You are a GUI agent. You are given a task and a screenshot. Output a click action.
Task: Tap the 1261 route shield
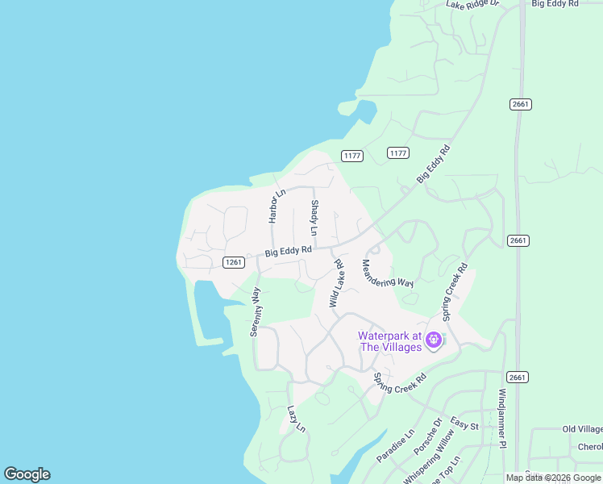coord(233,262)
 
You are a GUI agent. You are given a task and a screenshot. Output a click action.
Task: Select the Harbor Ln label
coord(277,207)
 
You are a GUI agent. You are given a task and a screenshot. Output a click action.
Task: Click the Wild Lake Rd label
coord(336,283)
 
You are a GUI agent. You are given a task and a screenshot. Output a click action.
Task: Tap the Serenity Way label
coord(256,311)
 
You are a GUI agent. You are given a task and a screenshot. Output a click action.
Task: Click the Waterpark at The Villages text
coord(390,341)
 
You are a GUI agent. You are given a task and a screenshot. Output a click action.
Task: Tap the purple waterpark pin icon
coord(434,340)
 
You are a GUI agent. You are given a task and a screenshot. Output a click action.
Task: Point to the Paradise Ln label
coord(393,445)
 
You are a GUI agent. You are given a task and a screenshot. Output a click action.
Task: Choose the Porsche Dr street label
coord(428,435)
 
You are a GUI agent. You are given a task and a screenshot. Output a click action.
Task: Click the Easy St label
coord(464,424)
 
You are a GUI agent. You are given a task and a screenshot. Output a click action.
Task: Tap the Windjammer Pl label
coord(501,418)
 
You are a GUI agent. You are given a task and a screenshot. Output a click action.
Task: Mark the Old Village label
coord(582,429)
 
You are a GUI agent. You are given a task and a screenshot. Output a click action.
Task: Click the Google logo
coord(27,474)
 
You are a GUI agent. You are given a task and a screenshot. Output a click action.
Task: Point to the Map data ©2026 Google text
coord(553,478)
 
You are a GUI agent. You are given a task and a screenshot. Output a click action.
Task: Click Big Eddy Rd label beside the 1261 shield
coord(288,252)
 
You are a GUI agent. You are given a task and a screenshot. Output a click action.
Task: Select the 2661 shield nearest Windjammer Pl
coord(518,377)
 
